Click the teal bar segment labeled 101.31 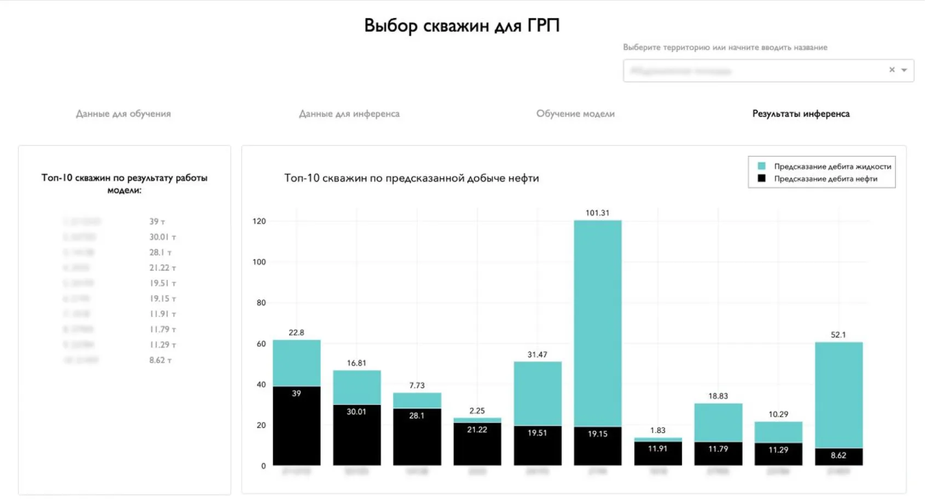(x=597, y=323)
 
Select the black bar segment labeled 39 (x=296, y=426)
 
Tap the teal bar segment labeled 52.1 (x=838, y=395)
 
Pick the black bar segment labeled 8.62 (x=838, y=457)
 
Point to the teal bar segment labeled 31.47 (x=537, y=393)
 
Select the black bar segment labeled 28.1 (x=417, y=437)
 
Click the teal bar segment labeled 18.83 (x=718, y=423)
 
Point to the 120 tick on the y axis (x=259, y=221)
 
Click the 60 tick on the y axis (x=261, y=344)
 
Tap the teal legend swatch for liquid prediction (x=761, y=166)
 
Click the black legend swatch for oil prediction (x=761, y=179)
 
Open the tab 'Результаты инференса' (x=801, y=114)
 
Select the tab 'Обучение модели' (x=575, y=114)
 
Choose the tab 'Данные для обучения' (x=123, y=114)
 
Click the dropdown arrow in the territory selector (x=904, y=70)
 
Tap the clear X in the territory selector (x=892, y=70)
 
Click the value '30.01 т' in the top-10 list (x=163, y=237)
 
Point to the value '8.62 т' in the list (x=160, y=360)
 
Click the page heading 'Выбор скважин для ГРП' (x=462, y=26)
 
